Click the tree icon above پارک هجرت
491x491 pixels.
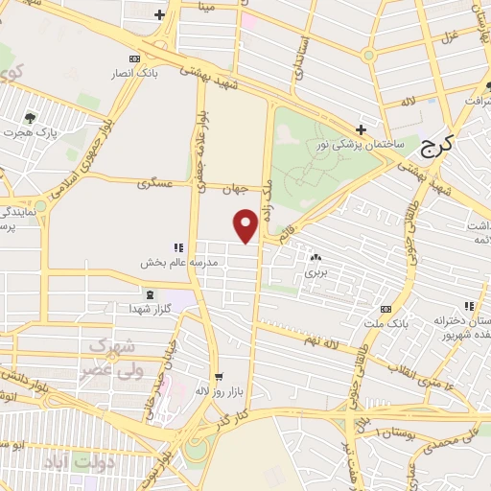tap(31, 120)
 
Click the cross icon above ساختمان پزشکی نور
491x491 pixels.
tap(361, 129)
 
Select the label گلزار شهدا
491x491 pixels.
tap(149, 309)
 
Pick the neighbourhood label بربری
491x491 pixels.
tap(316, 272)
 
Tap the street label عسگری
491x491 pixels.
tap(154, 181)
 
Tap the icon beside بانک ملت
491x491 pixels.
tap(386, 309)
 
